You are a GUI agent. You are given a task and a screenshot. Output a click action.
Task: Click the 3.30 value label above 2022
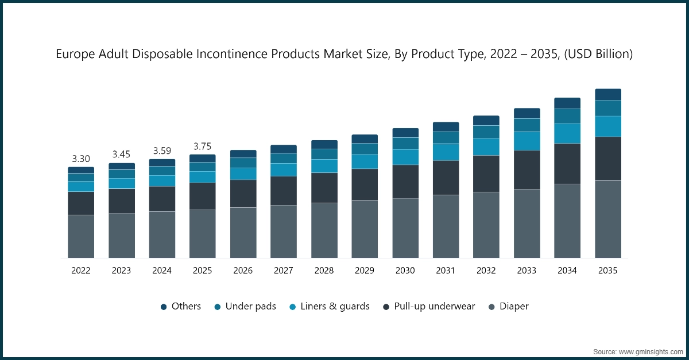pos(81,158)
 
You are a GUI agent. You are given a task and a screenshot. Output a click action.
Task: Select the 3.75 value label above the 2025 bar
pos(203,146)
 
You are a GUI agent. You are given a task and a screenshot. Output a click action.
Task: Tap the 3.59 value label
pos(162,150)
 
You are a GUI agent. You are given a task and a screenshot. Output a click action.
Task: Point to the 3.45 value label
pos(122,154)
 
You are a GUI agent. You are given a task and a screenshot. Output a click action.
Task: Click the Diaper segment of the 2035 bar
pos(608,219)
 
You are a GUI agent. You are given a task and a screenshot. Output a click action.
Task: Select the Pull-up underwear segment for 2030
pos(405,181)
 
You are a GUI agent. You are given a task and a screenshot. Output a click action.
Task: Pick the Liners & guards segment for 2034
pos(567,133)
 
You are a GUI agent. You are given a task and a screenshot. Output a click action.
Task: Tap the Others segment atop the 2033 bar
pos(527,113)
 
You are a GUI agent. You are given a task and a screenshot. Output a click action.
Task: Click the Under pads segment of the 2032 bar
pos(486,131)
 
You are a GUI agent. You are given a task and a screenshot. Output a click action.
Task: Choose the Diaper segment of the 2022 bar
pos(81,236)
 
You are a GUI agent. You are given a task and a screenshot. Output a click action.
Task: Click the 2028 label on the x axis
pos(324,270)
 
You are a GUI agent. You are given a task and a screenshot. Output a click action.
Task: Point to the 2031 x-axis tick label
pos(446,270)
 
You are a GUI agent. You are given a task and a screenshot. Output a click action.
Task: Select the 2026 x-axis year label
pos(243,270)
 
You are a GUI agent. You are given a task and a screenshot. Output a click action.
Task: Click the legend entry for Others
pos(180,307)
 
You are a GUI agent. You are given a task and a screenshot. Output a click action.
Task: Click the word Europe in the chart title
pos(75,55)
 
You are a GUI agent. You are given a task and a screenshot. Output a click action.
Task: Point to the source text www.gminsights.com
pos(651,351)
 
